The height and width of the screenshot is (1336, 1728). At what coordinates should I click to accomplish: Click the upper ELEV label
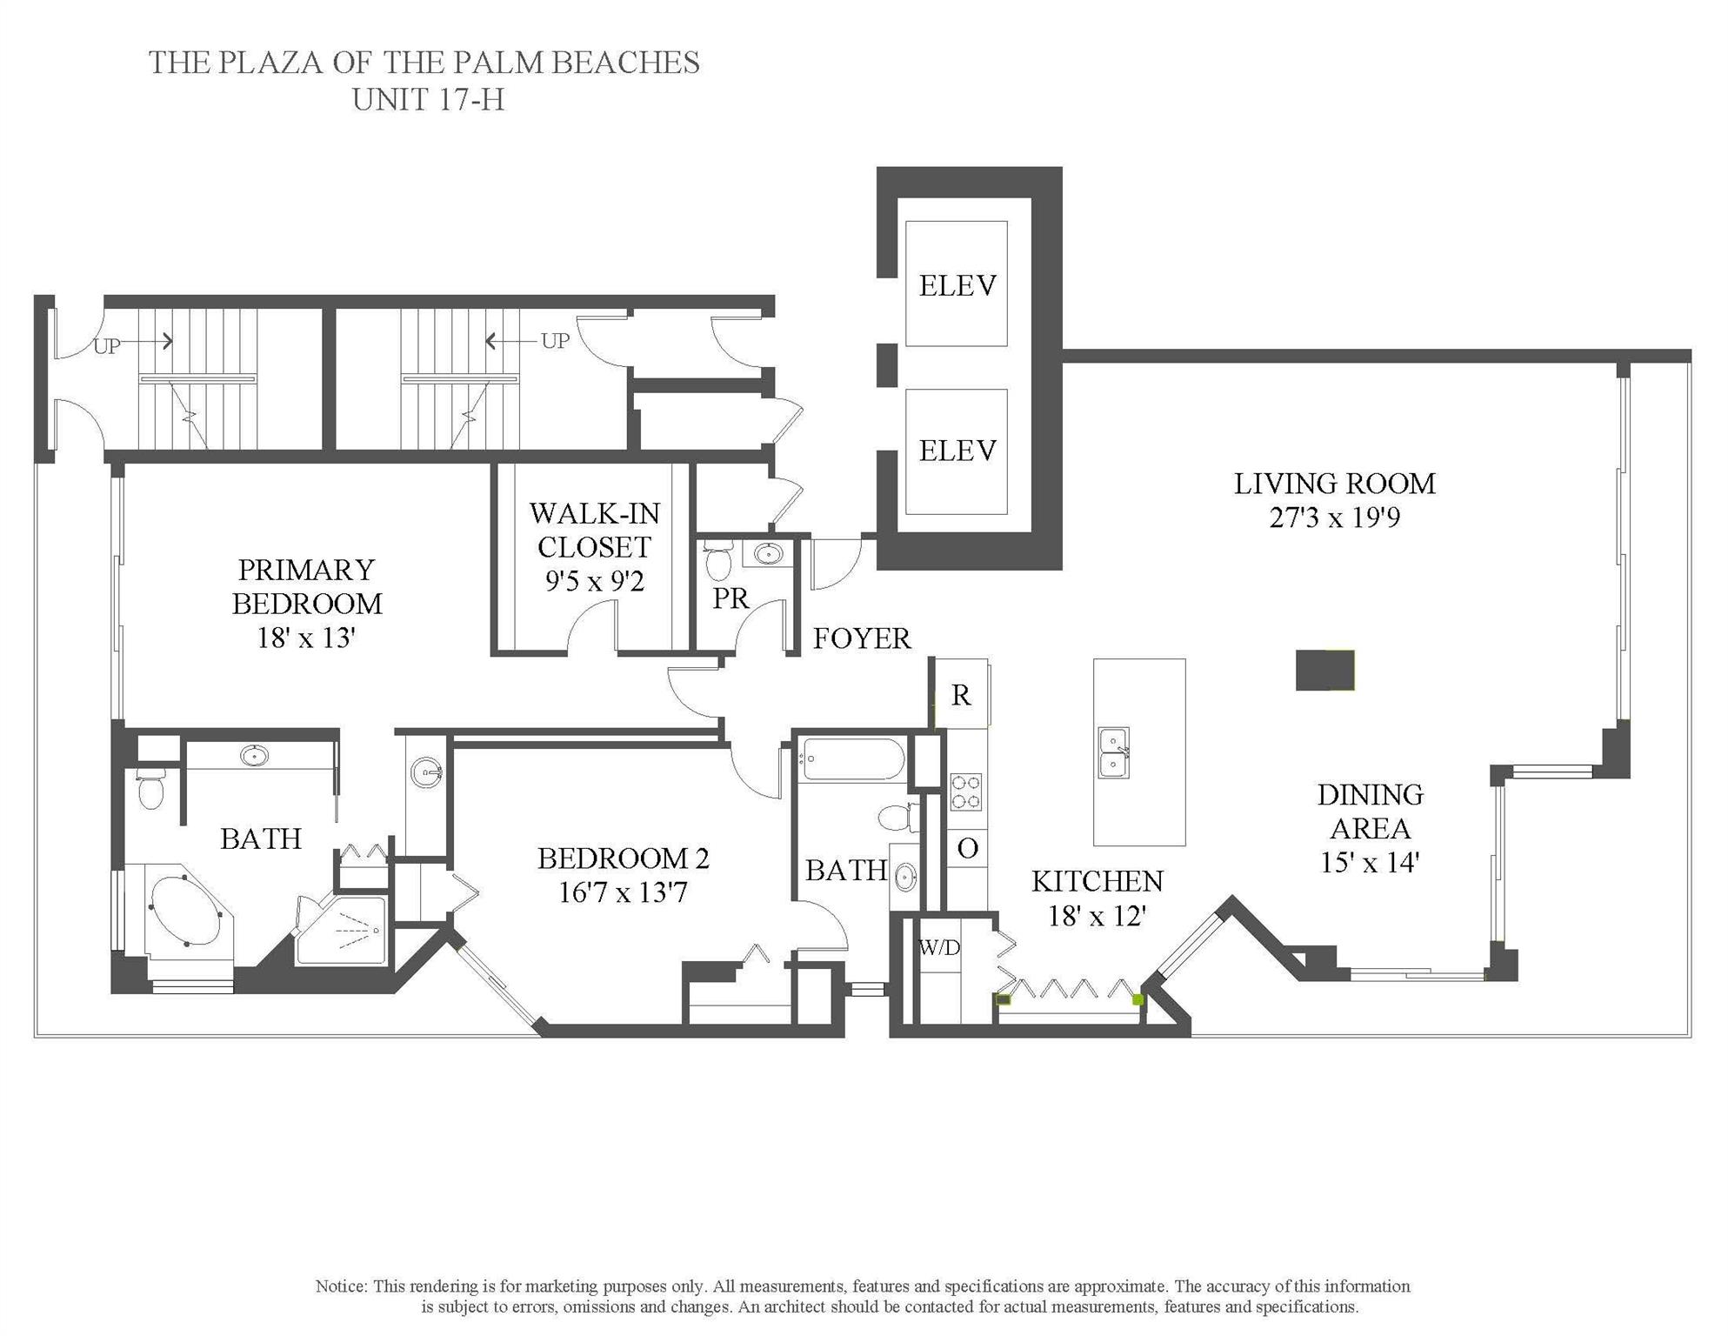click(957, 285)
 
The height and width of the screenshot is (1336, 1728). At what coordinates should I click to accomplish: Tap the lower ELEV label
click(957, 451)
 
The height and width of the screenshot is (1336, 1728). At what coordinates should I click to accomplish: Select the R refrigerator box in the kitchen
click(960, 694)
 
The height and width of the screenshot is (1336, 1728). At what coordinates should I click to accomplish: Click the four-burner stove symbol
click(964, 792)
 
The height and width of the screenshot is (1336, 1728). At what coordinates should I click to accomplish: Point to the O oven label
click(967, 848)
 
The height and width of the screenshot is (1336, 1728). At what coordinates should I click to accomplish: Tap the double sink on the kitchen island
click(1113, 753)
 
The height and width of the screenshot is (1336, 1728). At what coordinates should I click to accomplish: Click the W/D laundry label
click(939, 948)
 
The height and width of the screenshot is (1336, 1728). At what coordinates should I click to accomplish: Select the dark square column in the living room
click(1324, 671)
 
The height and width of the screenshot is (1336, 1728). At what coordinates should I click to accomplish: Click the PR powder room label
click(731, 598)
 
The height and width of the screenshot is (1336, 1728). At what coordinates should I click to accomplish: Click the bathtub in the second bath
click(852, 759)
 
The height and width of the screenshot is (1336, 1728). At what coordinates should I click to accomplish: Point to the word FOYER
click(861, 639)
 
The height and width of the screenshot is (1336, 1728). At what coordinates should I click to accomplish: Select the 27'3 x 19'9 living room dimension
click(1334, 518)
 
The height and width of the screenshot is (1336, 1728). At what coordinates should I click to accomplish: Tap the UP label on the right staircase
click(555, 341)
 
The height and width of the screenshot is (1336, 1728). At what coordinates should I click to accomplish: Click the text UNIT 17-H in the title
click(428, 100)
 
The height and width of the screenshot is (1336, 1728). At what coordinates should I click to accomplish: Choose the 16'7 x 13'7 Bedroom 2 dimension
click(623, 892)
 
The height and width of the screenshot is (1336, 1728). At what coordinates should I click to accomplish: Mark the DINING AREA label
click(1370, 811)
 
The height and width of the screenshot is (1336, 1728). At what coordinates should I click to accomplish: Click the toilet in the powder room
click(717, 562)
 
